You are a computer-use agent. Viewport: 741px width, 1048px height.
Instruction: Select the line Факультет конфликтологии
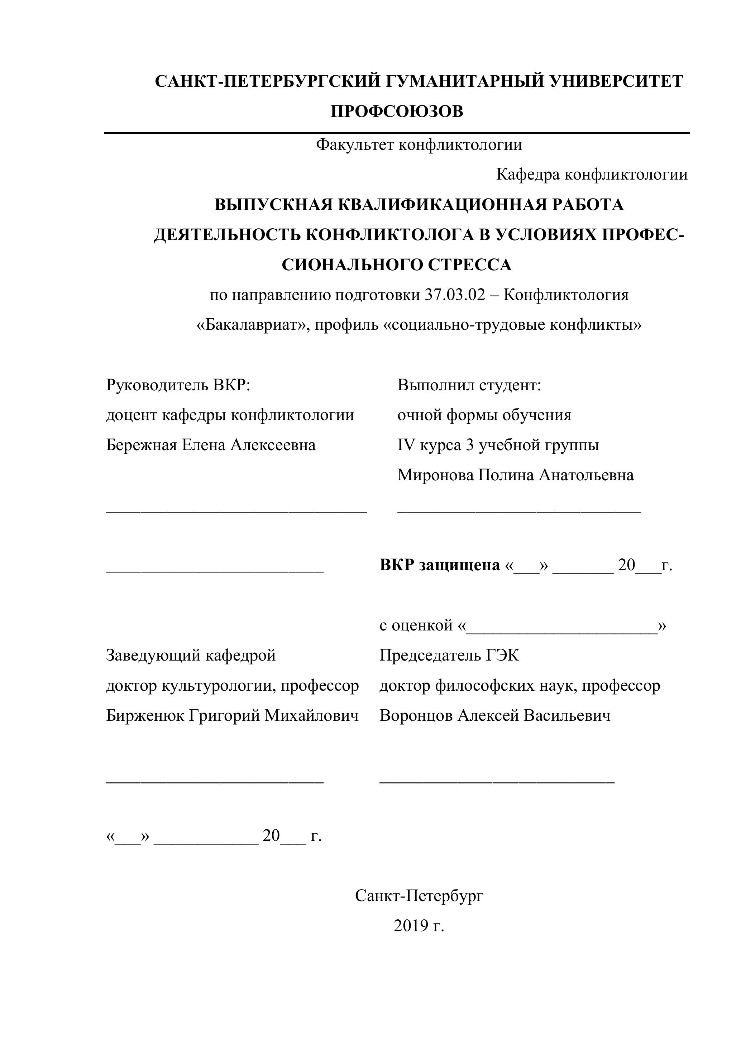click(419, 145)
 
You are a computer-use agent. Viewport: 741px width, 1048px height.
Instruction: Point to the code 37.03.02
click(455, 295)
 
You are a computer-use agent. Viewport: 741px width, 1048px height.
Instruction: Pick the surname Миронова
click(435, 475)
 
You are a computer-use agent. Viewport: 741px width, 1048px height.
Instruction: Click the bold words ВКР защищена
click(439, 565)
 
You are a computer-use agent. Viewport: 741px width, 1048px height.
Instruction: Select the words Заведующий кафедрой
click(191, 656)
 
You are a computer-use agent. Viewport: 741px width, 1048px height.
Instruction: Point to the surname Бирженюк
click(145, 715)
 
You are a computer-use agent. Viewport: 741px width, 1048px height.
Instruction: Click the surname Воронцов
click(416, 715)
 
